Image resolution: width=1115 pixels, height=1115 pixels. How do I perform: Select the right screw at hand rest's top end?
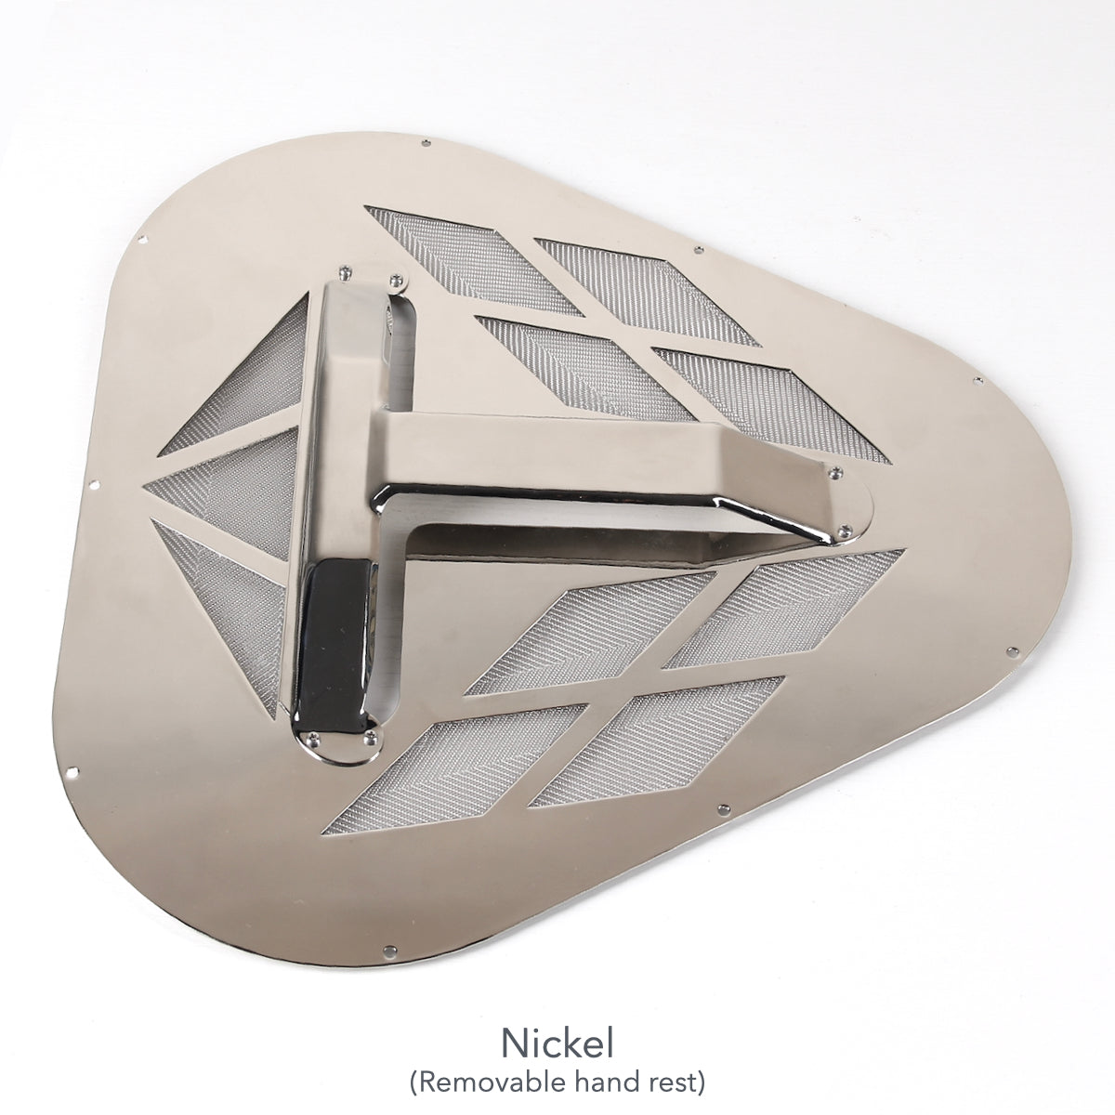click(x=397, y=278)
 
